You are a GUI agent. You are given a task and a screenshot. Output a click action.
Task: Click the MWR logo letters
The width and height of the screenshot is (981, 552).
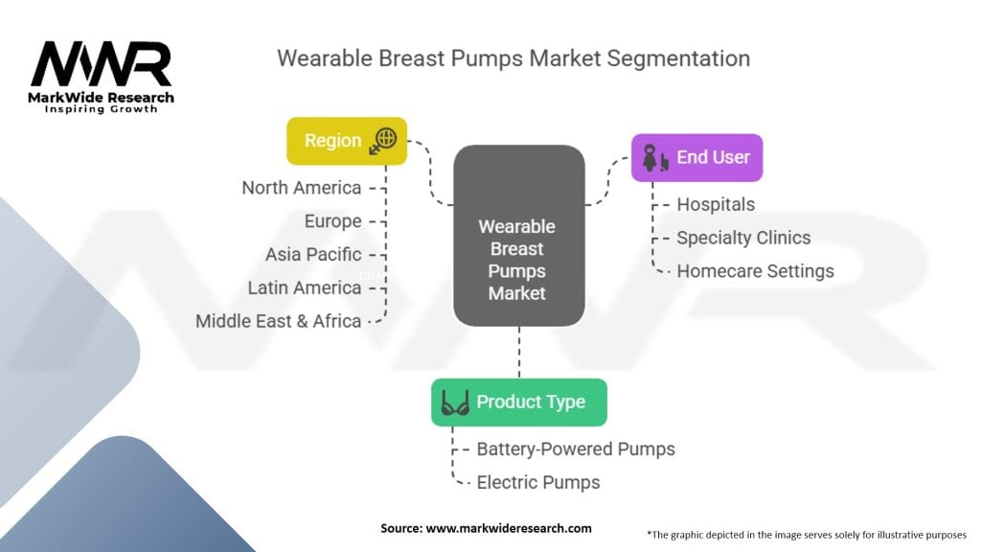click(x=101, y=64)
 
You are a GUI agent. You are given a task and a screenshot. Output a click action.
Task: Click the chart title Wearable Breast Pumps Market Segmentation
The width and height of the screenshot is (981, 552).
click(x=513, y=57)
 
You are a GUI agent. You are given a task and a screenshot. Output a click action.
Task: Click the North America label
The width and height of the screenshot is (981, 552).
click(x=301, y=188)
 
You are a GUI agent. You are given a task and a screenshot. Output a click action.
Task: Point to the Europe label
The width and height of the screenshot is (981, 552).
click(x=332, y=221)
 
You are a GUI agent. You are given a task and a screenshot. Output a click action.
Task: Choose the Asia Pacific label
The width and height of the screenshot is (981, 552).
click(x=313, y=255)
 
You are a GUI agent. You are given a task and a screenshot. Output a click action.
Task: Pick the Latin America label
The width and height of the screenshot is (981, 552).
click(x=304, y=287)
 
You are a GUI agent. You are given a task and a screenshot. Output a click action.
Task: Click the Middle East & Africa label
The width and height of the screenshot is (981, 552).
click(x=278, y=321)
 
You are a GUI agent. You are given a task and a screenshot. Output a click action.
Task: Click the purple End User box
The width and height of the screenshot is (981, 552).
click(x=696, y=157)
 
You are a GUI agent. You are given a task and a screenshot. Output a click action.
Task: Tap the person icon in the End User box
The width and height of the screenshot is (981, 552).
click(x=653, y=157)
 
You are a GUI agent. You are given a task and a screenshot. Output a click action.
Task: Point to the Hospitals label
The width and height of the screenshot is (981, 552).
click(x=716, y=204)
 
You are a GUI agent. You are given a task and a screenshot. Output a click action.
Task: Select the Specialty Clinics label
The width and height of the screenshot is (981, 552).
click(x=743, y=238)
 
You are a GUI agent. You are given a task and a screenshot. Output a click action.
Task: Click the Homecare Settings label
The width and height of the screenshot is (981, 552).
click(x=755, y=271)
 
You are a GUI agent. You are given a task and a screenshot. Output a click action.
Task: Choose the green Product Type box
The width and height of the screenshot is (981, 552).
click(x=518, y=402)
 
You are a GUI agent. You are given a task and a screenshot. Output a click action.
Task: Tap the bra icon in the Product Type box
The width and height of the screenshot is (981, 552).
click(x=454, y=402)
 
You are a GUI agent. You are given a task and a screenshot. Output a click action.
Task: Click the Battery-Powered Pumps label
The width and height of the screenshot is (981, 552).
click(x=576, y=448)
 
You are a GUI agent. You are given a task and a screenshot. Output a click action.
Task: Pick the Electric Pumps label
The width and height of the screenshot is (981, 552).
click(x=538, y=482)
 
